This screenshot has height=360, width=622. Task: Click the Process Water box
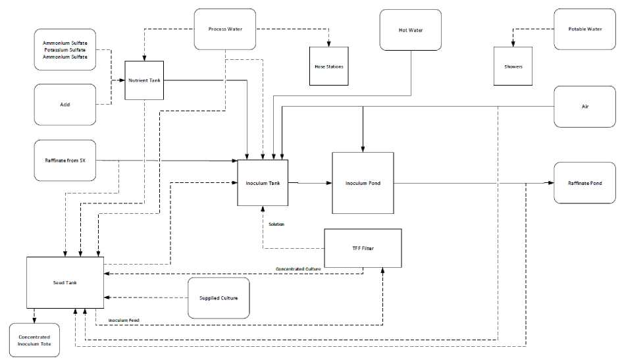tap(225, 29)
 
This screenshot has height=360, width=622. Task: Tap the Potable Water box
tap(584, 29)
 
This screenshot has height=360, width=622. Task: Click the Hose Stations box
tap(329, 66)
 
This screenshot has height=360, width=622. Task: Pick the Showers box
tap(513, 66)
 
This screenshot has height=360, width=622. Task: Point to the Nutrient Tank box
tap(144, 80)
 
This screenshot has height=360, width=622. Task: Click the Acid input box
tap(65, 105)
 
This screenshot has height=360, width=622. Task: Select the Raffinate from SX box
tap(65, 160)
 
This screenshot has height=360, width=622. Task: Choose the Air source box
tap(584, 105)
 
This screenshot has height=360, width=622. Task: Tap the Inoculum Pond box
tap(363, 183)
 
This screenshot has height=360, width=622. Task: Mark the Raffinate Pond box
tap(584, 183)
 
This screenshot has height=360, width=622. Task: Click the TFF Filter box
tap(363, 248)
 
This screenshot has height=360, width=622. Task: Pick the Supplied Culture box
tap(219, 297)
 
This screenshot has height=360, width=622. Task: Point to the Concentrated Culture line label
tap(299, 269)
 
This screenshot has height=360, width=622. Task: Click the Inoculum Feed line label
tap(124, 321)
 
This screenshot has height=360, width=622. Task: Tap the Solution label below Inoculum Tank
tap(276, 224)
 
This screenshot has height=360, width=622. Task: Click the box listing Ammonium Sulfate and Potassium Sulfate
tap(65, 49)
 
